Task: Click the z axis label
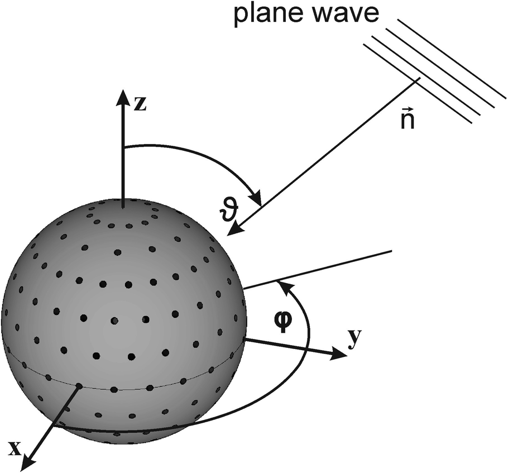click(140, 103)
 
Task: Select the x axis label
click(15, 448)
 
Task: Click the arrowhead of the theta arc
click(257, 199)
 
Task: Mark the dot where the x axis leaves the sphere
click(79, 386)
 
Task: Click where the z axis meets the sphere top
click(122, 199)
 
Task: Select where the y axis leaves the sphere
click(245, 338)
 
